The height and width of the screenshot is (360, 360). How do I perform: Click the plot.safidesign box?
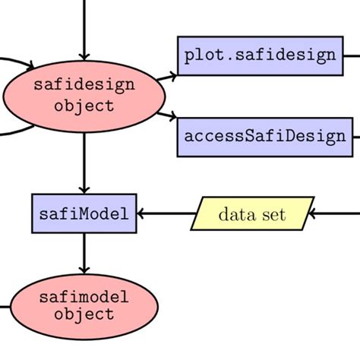pyautogui.click(x=260, y=55)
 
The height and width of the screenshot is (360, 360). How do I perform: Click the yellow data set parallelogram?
pyautogui.click(x=252, y=214)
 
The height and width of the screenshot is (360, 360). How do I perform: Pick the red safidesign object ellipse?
pyautogui.click(x=84, y=95)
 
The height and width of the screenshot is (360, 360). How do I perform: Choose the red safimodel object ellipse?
pyautogui.click(x=84, y=306)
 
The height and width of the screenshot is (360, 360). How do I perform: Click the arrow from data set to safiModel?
pyautogui.click(x=163, y=214)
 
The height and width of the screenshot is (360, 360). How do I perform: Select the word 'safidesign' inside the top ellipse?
pyautogui.click(x=84, y=85)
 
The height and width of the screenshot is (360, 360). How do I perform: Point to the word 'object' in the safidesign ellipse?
pyautogui.click(x=84, y=106)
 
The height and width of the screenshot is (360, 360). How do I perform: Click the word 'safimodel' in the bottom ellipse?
pyautogui.click(x=84, y=297)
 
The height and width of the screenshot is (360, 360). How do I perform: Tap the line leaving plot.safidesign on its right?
pyautogui.click(x=351, y=55)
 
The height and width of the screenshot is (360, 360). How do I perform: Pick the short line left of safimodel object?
pyautogui.click(x=5, y=308)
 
